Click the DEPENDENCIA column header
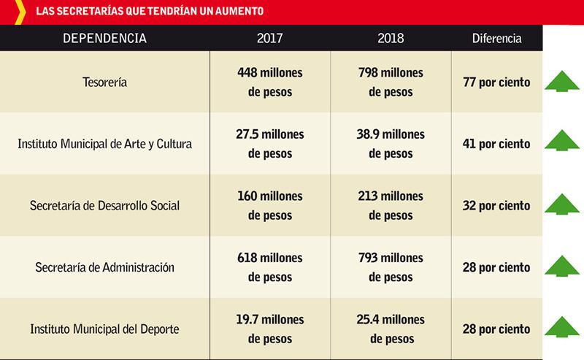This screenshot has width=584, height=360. tap(105, 38)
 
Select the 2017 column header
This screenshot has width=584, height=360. tap(270, 38)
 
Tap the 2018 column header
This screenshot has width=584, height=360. tap(391, 38)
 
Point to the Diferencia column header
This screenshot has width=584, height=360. tap(496, 39)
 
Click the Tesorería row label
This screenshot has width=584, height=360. tap(105, 83)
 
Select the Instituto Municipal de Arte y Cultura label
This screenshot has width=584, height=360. tap(105, 144)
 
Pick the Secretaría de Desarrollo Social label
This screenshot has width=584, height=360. tap(105, 206)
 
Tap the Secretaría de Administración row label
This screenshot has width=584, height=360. tap(105, 267)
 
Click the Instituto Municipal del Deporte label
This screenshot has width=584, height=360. tap(105, 329)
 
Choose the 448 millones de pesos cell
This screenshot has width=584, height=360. tap(270, 82)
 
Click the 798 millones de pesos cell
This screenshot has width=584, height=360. tap(391, 82)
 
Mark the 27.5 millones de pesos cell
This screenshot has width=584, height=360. tap(270, 144)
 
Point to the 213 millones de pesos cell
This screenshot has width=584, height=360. tap(391, 206)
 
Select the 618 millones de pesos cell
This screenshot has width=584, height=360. tap(270, 267)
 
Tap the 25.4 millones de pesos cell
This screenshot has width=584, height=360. tap(391, 329)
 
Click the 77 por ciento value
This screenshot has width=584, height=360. tap(496, 83)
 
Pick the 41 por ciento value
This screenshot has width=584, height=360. tap(496, 144)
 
